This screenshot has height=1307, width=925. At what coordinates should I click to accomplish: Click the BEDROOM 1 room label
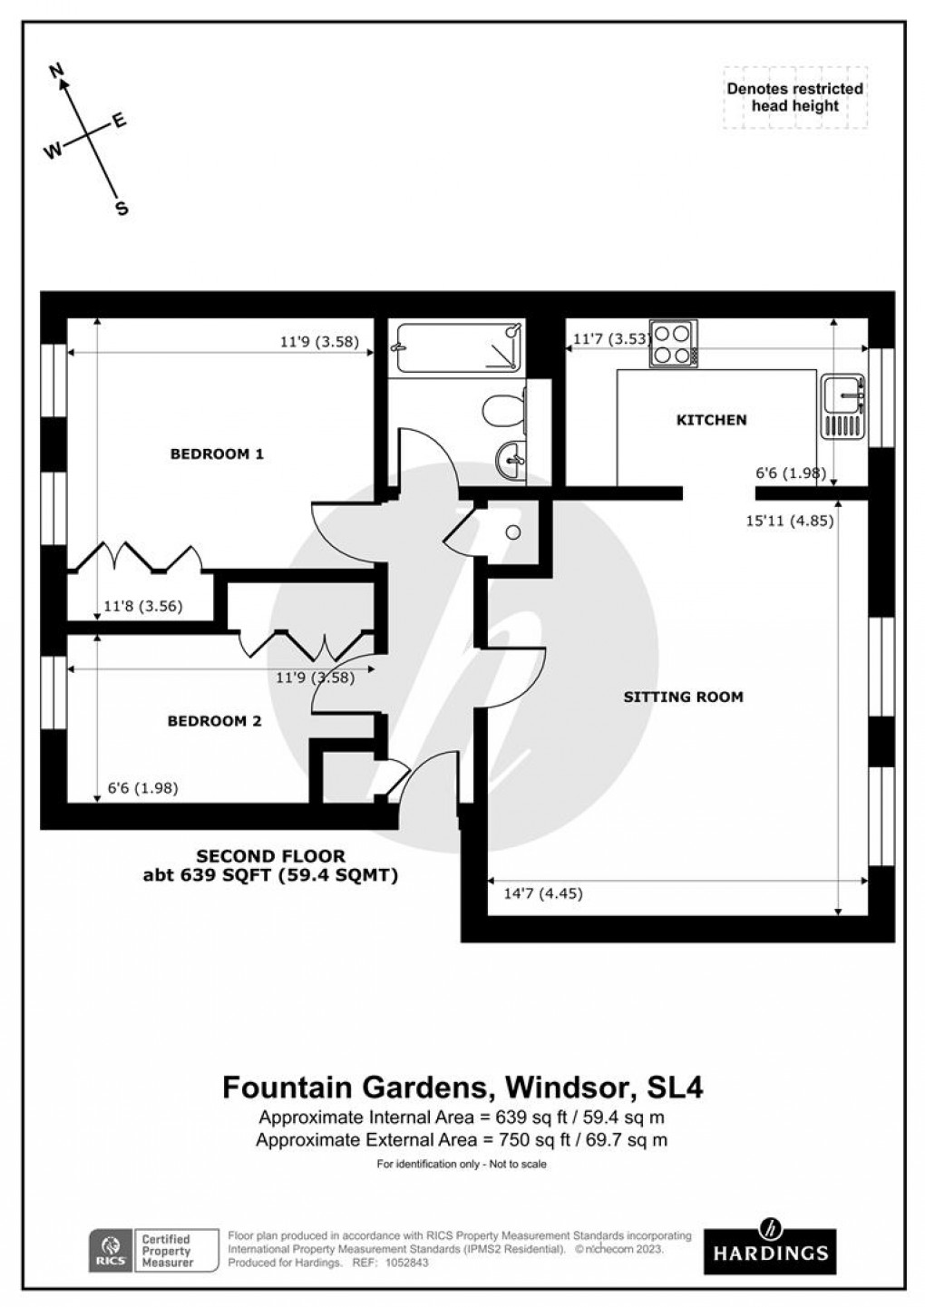tap(217, 454)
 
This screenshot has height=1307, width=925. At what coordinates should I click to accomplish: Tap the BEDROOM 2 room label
tap(214, 721)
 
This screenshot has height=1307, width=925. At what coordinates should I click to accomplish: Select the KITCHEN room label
tap(712, 420)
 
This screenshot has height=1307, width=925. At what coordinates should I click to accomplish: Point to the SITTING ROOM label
tap(683, 697)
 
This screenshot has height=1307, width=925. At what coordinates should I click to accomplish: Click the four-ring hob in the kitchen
tap(674, 345)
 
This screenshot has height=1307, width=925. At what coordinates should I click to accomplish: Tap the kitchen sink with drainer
tap(844, 407)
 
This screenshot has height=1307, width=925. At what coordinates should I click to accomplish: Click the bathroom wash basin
tap(511, 459)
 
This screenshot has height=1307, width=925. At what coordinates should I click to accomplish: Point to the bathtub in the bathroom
tap(456, 346)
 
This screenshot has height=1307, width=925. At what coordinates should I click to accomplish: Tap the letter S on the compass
tap(121, 210)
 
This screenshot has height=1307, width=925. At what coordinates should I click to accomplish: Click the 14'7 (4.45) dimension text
tap(542, 893)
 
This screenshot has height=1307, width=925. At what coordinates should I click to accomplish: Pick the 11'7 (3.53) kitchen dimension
tap(610, 340)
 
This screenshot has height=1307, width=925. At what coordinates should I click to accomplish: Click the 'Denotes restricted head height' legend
tap(794, 97)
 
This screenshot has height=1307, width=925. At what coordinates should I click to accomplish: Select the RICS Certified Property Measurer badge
tap(153, 1250)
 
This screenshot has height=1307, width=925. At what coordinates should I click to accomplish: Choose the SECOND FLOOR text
tap(271, 855)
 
